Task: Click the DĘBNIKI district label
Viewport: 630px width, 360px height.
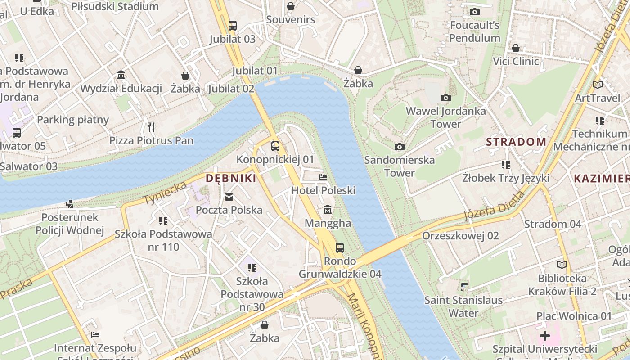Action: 231,178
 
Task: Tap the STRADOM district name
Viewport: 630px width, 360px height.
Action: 516,142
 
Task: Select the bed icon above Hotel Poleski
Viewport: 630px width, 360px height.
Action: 323,177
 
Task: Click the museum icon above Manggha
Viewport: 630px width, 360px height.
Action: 328,210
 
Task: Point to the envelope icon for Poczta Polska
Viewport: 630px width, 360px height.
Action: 229,197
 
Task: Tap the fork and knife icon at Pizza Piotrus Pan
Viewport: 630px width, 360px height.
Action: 151,127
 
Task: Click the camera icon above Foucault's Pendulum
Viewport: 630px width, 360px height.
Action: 474,12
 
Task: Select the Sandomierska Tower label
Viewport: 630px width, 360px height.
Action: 400,166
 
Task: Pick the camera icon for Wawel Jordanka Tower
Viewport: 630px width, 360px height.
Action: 446,98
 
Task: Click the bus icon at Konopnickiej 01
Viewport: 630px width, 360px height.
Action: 275,146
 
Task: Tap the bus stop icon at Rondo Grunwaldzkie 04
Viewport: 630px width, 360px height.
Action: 340,247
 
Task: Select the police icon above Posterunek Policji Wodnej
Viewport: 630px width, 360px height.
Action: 69,204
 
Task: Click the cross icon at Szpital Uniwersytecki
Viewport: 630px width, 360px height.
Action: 544,336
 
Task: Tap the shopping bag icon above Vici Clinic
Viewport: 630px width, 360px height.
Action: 516,48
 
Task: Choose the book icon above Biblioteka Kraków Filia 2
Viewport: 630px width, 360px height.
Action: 562,265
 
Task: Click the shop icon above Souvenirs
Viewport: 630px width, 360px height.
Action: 291,6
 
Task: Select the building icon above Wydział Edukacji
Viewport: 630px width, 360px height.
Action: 121,75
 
